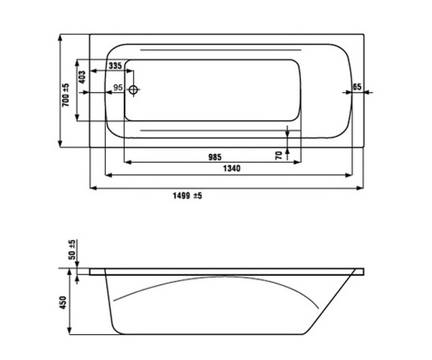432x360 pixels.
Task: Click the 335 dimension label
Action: click(115, 66)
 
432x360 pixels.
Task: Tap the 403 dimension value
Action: click(82, 77)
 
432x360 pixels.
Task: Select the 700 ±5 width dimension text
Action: click(66, 95)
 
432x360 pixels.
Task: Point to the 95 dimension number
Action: click(118, 88)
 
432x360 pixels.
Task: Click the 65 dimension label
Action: click(357, 87)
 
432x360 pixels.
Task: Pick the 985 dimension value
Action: click(215, 157)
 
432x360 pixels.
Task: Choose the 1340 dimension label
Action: click(231, 168)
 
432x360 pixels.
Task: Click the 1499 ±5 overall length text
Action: click(187, 196)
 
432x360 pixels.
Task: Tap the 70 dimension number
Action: click(279, 156)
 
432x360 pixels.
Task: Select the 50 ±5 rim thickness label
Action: click(72, 250)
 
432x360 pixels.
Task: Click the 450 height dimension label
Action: click(63, 302)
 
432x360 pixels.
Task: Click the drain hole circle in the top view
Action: click(133, 89)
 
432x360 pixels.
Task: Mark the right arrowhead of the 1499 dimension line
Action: click(360, 188)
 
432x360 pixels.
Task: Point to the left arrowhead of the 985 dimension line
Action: click(127, 162)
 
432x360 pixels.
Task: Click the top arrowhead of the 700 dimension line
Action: click(60, 37)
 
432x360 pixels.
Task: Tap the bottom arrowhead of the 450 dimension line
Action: click(70, 330)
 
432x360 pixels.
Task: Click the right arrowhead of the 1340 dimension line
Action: click(349, 175)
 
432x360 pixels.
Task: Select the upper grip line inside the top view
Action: click(221, 50)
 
